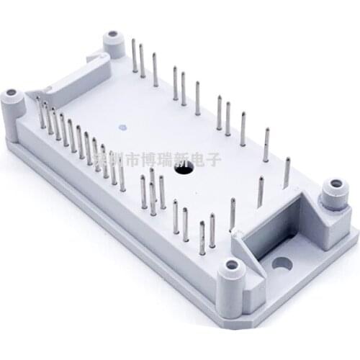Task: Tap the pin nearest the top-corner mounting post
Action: point(134,55)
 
